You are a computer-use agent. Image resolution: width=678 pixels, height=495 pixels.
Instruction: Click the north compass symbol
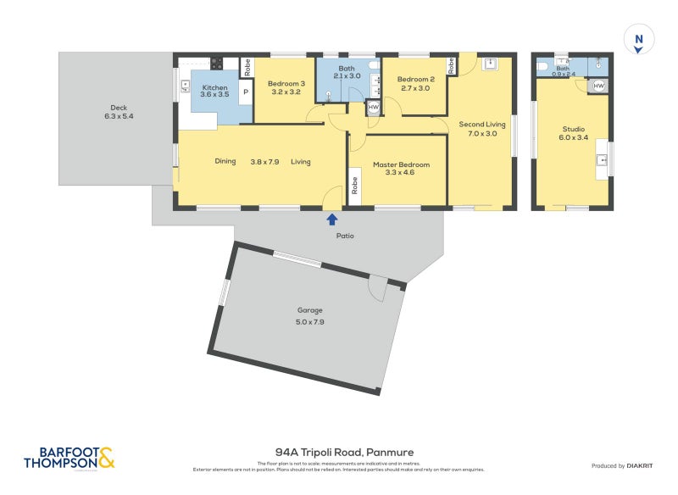click(639, 40)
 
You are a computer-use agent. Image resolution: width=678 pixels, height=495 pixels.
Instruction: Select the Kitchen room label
click(214, 91)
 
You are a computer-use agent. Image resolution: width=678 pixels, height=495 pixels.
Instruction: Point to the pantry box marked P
click(246, 92)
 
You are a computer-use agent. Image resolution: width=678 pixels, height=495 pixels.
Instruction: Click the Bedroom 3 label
click(286, 87)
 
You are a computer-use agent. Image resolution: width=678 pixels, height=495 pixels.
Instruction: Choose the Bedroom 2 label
click(414, 83)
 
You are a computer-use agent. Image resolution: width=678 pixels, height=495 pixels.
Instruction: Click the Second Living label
click(482, 128)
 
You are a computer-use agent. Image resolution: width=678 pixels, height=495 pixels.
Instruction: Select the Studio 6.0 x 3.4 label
click(573, 133)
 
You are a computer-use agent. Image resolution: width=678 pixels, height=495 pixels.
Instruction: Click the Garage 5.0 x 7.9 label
click(309, 315)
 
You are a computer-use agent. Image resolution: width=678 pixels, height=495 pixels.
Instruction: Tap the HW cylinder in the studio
click(598, 86)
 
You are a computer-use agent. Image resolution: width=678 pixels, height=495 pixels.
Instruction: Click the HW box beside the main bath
click(373, 108)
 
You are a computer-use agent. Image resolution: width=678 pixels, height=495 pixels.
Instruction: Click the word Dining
click(225, 161)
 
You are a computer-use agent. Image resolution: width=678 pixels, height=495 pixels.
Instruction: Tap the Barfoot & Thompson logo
click(69, 459)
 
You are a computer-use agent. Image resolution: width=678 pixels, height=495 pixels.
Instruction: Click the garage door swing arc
click(376, 288)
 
